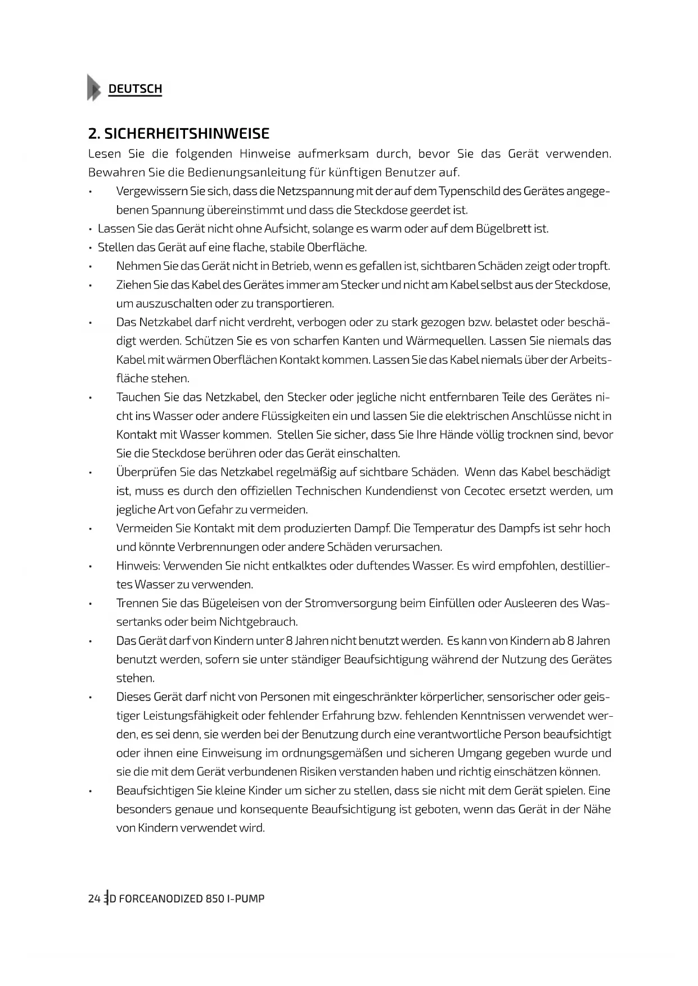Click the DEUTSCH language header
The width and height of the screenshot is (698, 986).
click(x=135, y=89)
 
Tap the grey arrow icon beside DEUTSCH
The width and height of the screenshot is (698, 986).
click(x=94, y=88)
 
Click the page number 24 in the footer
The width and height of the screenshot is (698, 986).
click(x=94, y=898)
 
